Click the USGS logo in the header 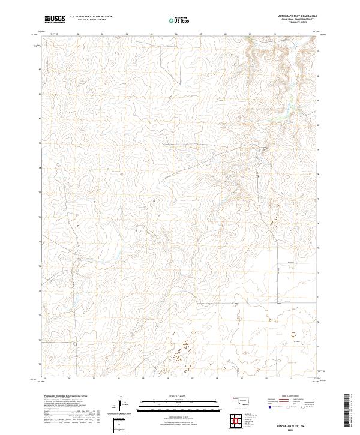(x=54, y=19)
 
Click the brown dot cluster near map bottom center (x=180, y=348)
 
